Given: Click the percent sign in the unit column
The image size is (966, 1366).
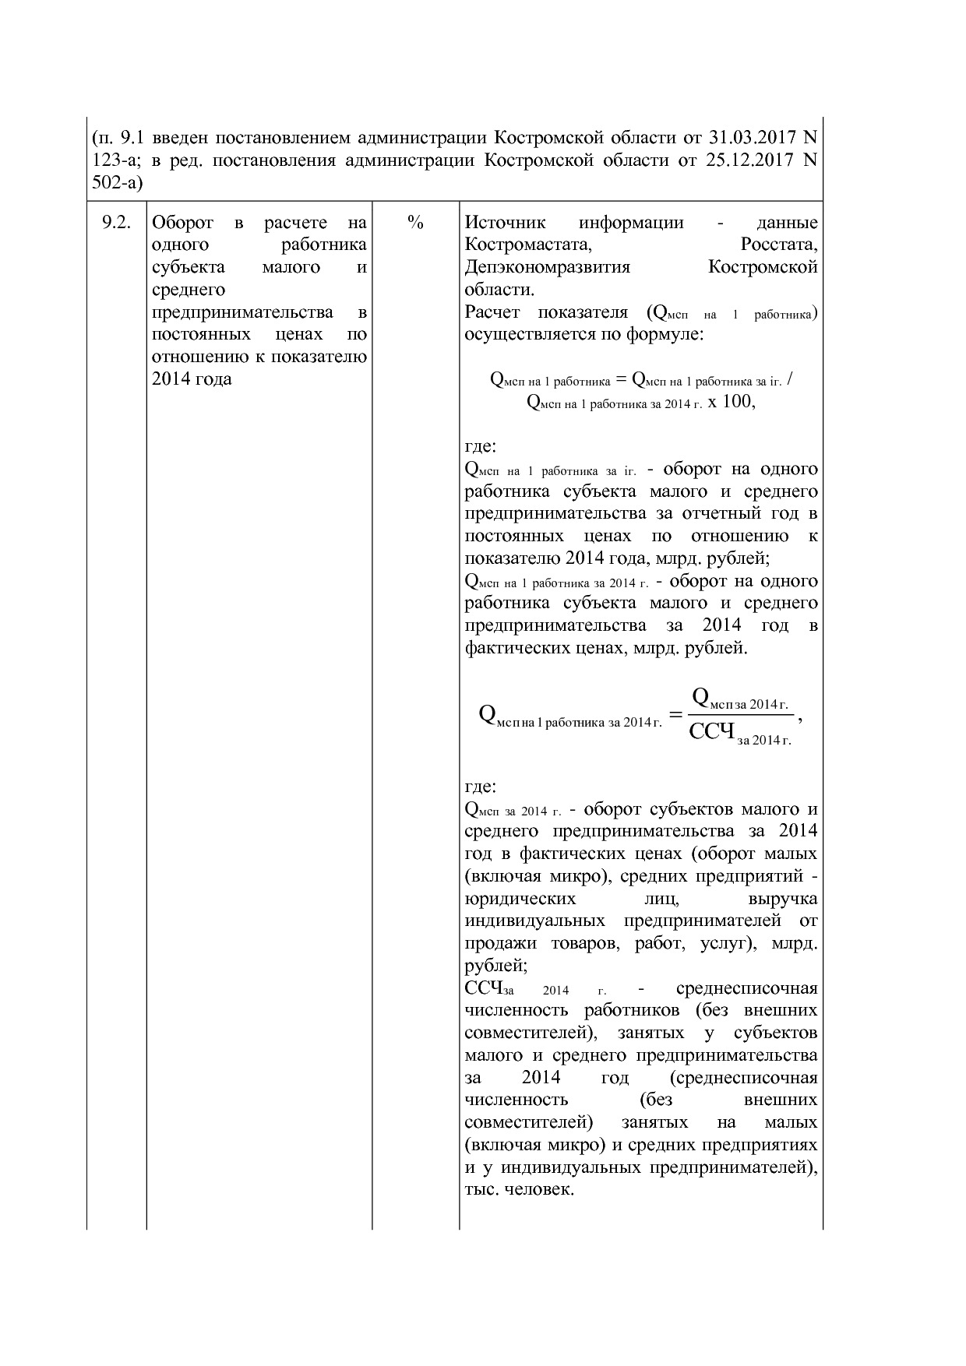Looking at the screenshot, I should pyautogui.click(x=415, y=223).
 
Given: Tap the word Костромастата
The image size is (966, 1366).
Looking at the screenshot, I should pyautogui.click(x=528, y=245).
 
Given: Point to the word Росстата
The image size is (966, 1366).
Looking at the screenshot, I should pyautogui.click(x=778, y=245).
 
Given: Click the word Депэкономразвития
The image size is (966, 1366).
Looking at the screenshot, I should pyautogui.click(x=547, y=268).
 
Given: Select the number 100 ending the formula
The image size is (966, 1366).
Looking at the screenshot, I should pyautogui.click(x=737, y=402).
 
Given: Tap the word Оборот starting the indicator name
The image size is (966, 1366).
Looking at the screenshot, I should pyautogui.click(x=182, y=223).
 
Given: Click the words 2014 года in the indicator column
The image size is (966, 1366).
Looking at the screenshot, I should pyautogui.click(x=192, y=380).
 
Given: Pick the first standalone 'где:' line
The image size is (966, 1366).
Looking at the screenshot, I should pyautogui.click(x=480, y=447).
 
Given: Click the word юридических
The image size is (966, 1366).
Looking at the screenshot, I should pyautogui.click(x=520, y=899).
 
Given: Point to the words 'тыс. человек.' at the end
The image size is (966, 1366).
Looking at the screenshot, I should pyautogui.click(x=519, y=1190).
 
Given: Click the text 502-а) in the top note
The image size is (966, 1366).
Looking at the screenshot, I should pyautogui.click(x=118, y=183).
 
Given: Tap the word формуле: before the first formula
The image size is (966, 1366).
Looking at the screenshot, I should pyautogui.click(x=668, y=335).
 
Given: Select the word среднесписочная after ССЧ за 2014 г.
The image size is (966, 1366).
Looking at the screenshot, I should pyautogui.click(x=746, y=989).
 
